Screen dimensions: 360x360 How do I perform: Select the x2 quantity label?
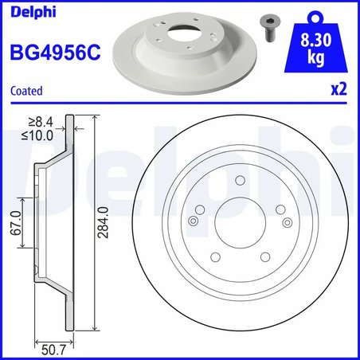point(339,91)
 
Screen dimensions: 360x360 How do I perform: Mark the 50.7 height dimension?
point(53,346)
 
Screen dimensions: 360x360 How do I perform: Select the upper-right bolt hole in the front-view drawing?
point(279,210)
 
